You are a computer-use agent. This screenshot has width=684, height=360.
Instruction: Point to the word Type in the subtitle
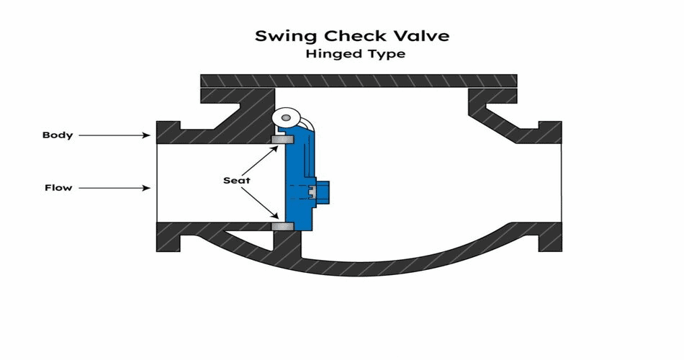[x=380, y=54]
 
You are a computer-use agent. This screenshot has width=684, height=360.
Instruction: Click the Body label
[x=57, y=135]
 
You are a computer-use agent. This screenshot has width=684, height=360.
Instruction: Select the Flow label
[x=58, y=188]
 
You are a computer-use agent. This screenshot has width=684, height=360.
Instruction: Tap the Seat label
[x=236, y=180]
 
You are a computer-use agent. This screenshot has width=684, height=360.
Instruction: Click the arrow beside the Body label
[x=115, y=135]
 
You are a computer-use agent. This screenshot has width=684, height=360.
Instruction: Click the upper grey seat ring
[x=280, y=138]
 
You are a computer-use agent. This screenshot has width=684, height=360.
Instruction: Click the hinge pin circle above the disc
[x=288, y=116]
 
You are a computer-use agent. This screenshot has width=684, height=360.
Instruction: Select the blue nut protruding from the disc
[x=320, y=191]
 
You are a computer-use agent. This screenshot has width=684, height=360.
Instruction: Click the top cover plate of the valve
[x=358, y=80]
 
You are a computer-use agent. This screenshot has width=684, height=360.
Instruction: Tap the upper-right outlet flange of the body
[x=549, y=131]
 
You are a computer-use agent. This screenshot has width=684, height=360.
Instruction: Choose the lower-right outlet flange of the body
[x=549, y=237]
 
